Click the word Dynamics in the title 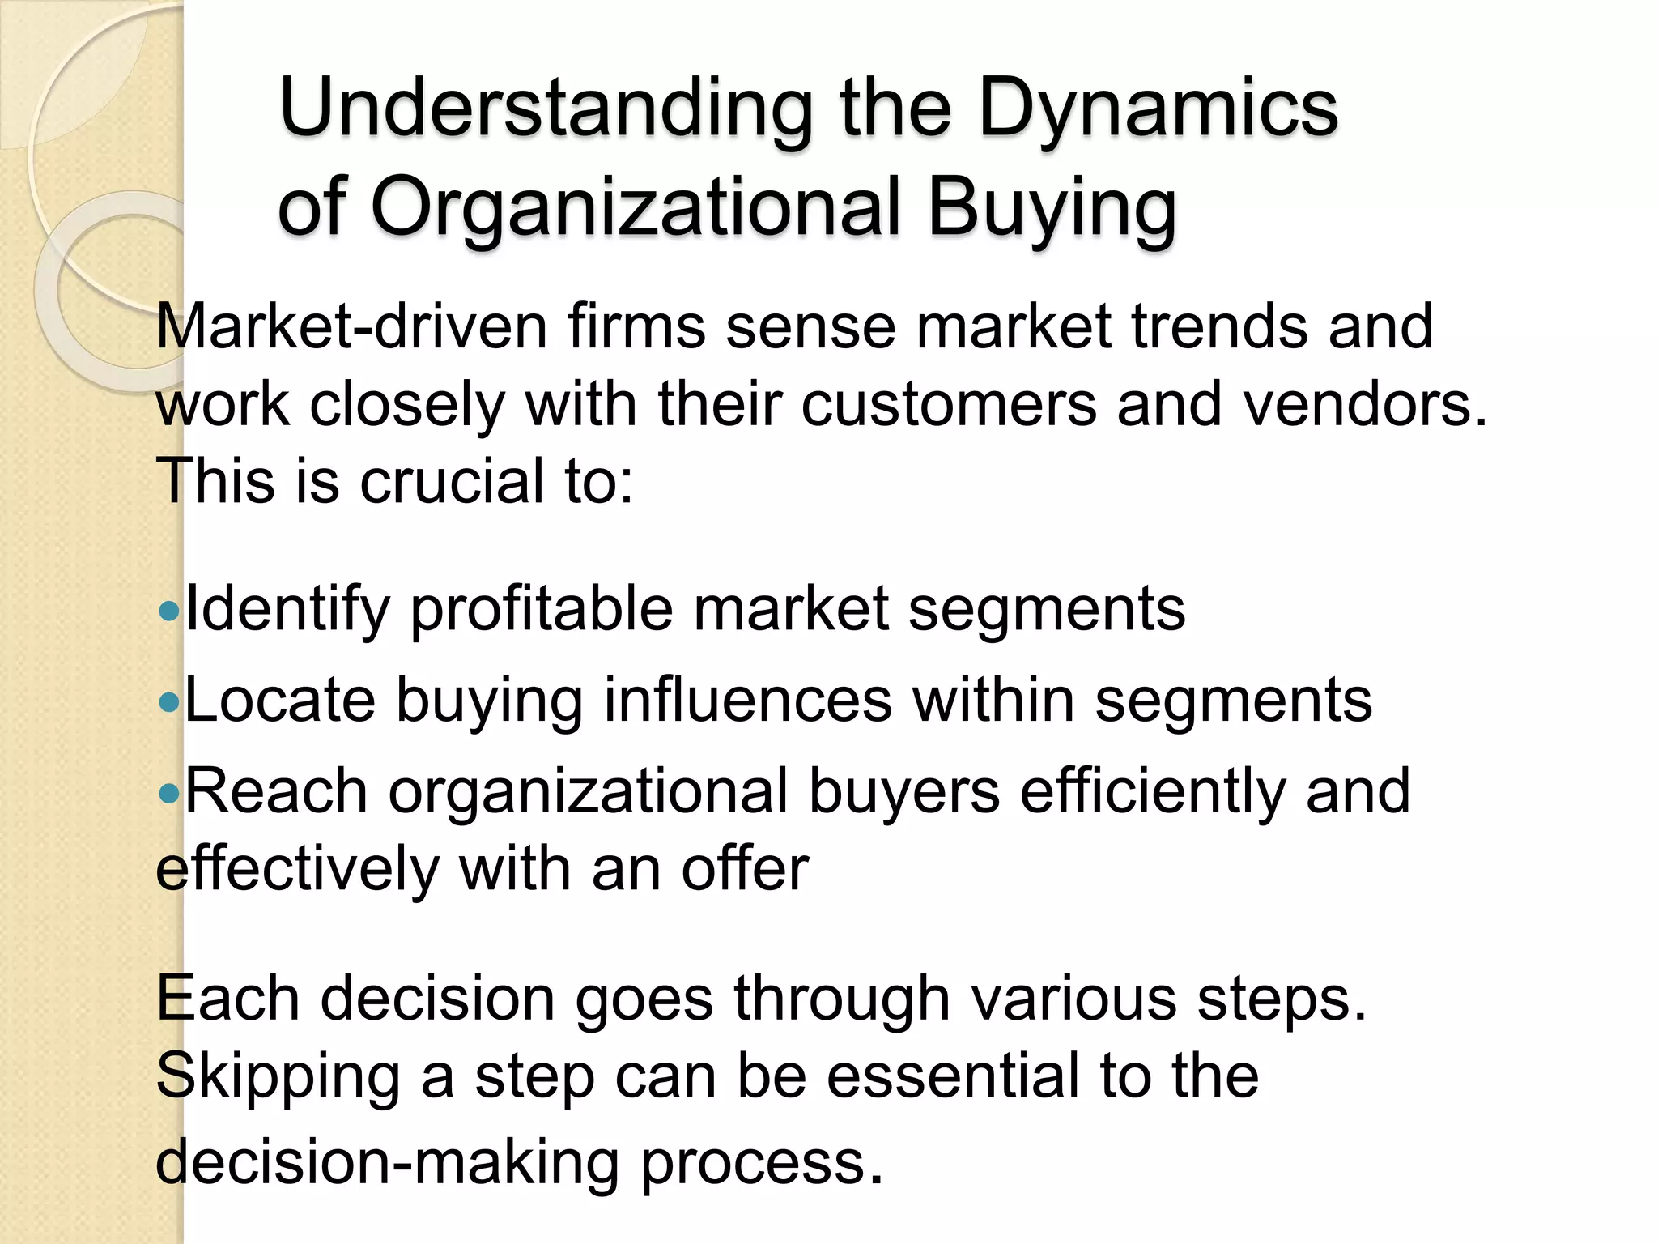pos(1158,109)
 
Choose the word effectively pos(296,869)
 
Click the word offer pos(745,869)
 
